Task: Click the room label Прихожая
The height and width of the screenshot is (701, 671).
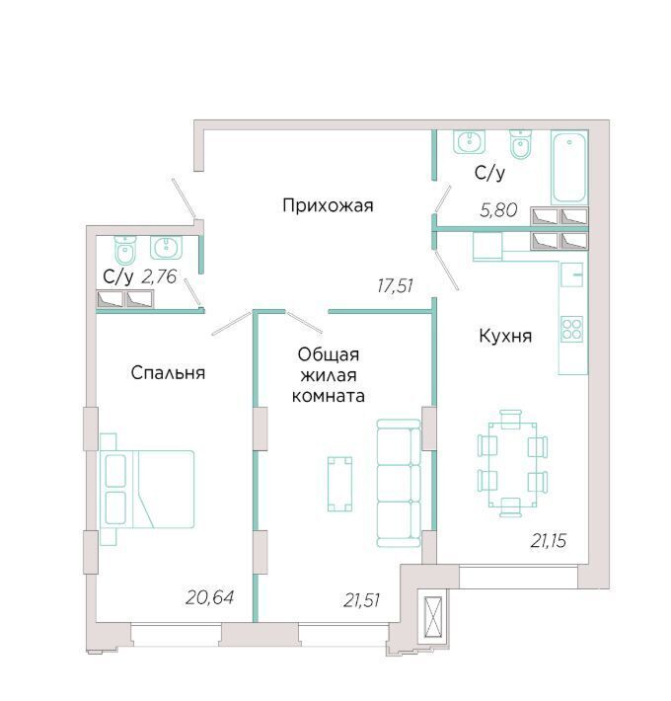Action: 328,205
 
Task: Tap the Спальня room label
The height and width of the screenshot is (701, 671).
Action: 168,372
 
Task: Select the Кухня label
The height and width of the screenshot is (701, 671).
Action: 505,336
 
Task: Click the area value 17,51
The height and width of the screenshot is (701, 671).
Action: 395,285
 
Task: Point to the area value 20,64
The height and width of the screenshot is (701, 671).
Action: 209,597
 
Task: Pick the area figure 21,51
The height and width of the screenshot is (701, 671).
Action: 362,600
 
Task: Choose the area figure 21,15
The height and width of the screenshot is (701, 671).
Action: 549,541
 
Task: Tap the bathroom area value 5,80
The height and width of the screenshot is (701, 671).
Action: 498,209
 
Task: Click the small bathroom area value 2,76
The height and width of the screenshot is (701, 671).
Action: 159,276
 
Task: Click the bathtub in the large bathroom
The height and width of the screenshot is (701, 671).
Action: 569,167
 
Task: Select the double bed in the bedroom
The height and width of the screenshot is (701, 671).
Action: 147,489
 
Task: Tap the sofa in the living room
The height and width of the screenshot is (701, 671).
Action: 399,483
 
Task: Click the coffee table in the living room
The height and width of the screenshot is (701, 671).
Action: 339,484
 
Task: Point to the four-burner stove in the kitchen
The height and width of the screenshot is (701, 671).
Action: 571,329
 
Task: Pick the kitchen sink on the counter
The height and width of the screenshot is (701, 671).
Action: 571,274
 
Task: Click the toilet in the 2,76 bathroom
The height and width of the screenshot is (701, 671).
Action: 125,250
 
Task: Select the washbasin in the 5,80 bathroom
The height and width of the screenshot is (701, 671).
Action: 469,142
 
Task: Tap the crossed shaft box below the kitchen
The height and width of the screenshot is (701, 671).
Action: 433,617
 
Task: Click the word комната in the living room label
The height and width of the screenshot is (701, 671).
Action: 328,396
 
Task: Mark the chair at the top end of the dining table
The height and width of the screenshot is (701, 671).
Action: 510,419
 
